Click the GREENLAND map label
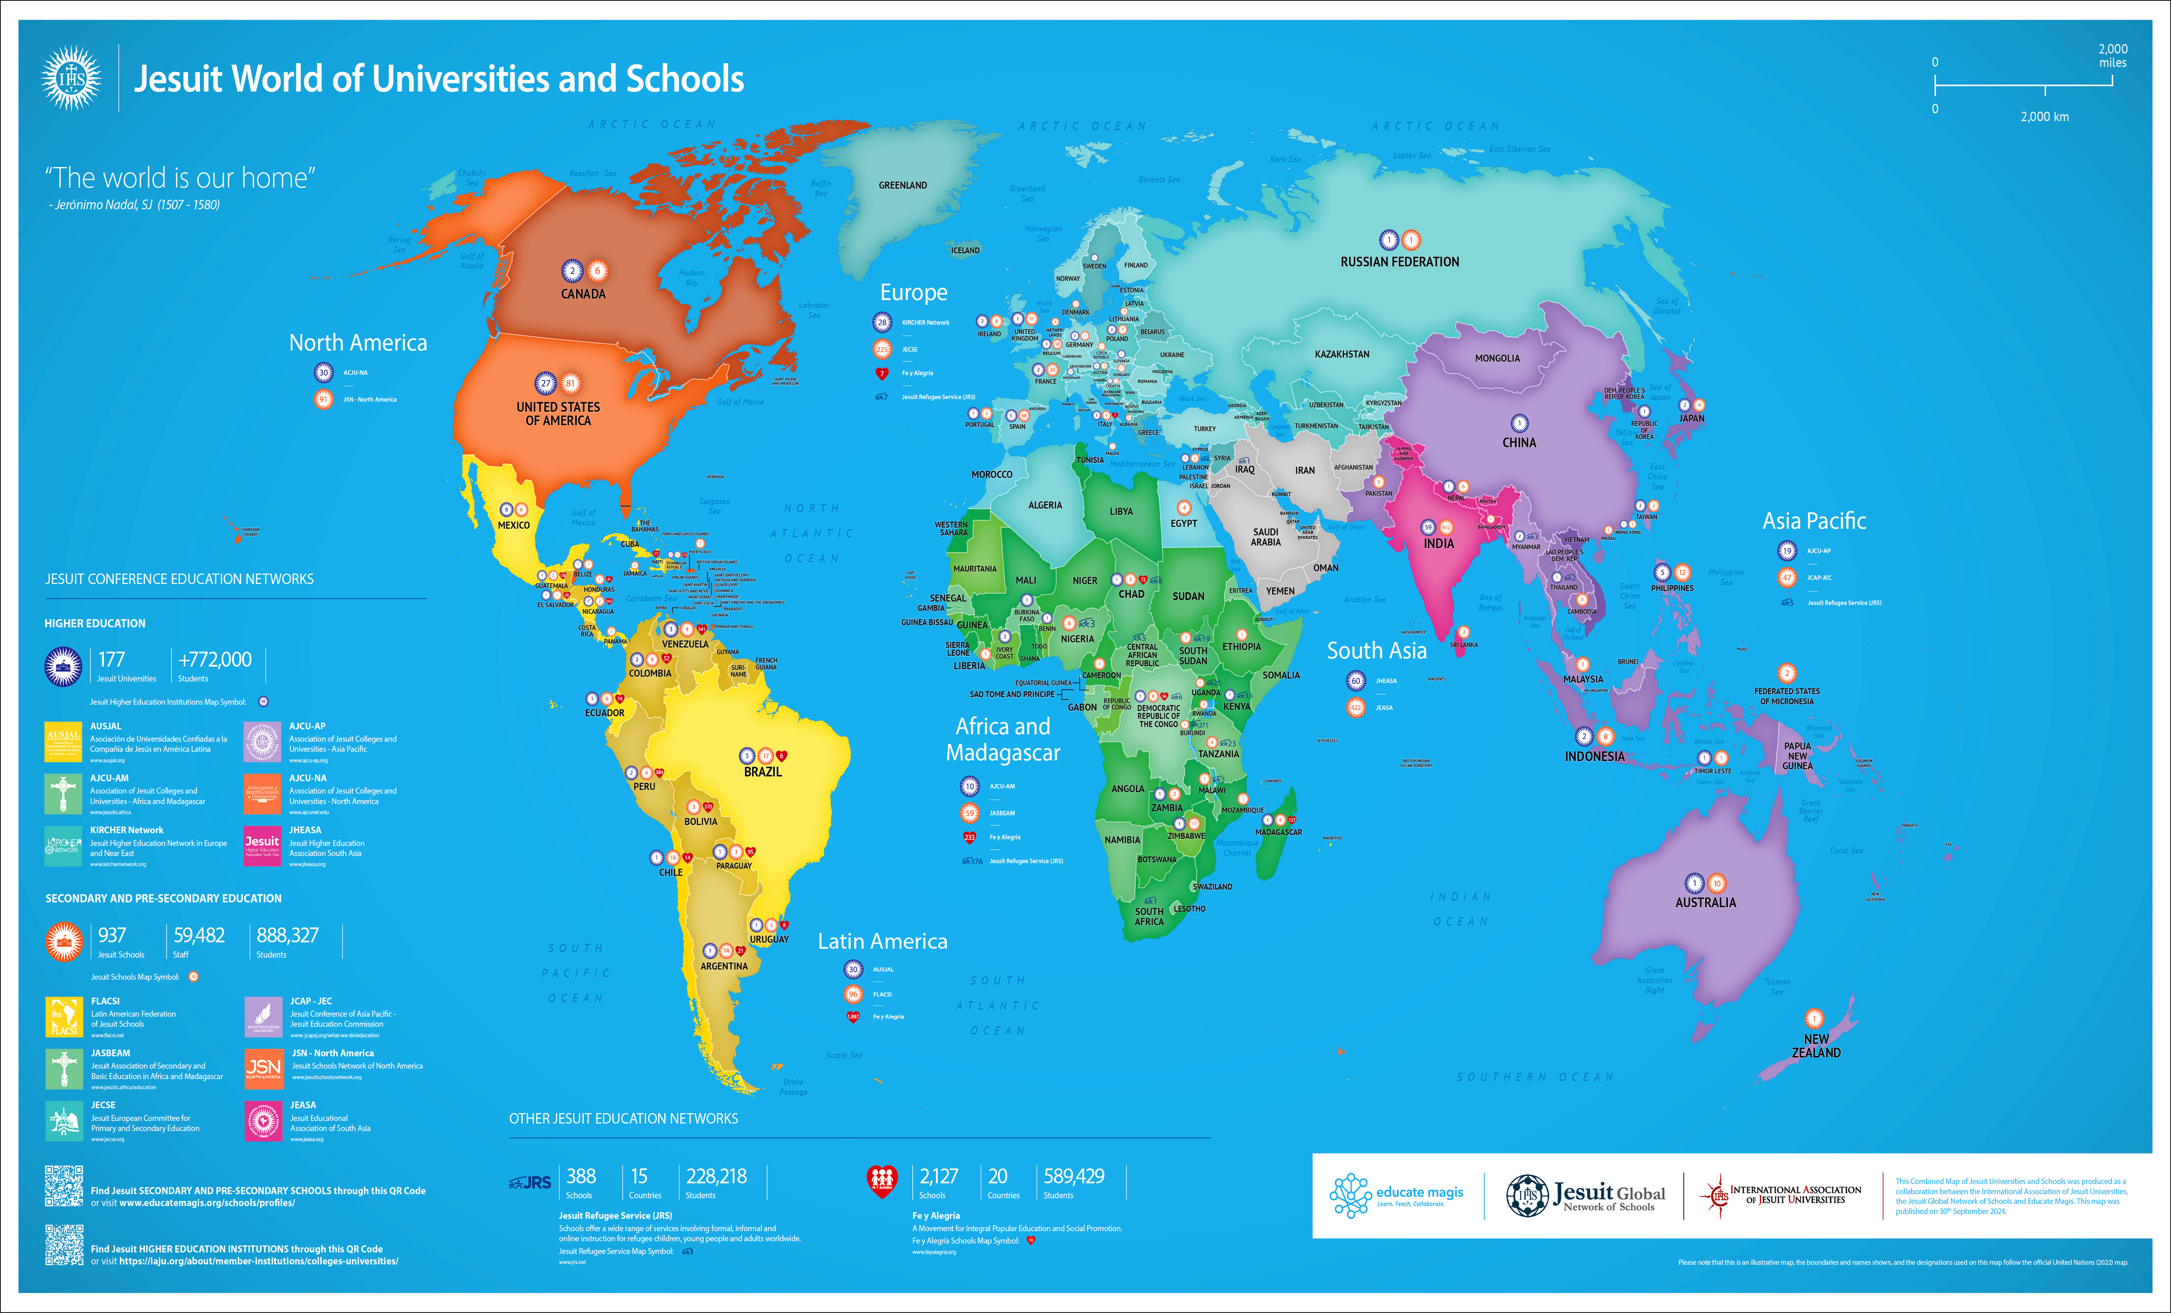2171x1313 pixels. tap(902, 185)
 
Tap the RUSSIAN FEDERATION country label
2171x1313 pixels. tap(1399, 262)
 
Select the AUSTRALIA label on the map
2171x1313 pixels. tap(1705, 902)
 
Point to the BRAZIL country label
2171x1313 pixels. tap(762, 772)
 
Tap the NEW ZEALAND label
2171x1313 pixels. tap(1816, 1046)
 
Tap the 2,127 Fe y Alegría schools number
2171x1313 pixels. tap(938, 1177)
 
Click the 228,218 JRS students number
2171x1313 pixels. tap(716, 1177)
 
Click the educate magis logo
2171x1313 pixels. tap(1397, 1195)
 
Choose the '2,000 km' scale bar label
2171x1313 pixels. tap(2044, 116)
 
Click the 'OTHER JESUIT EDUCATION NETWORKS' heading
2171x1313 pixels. tap(623, 1118)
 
